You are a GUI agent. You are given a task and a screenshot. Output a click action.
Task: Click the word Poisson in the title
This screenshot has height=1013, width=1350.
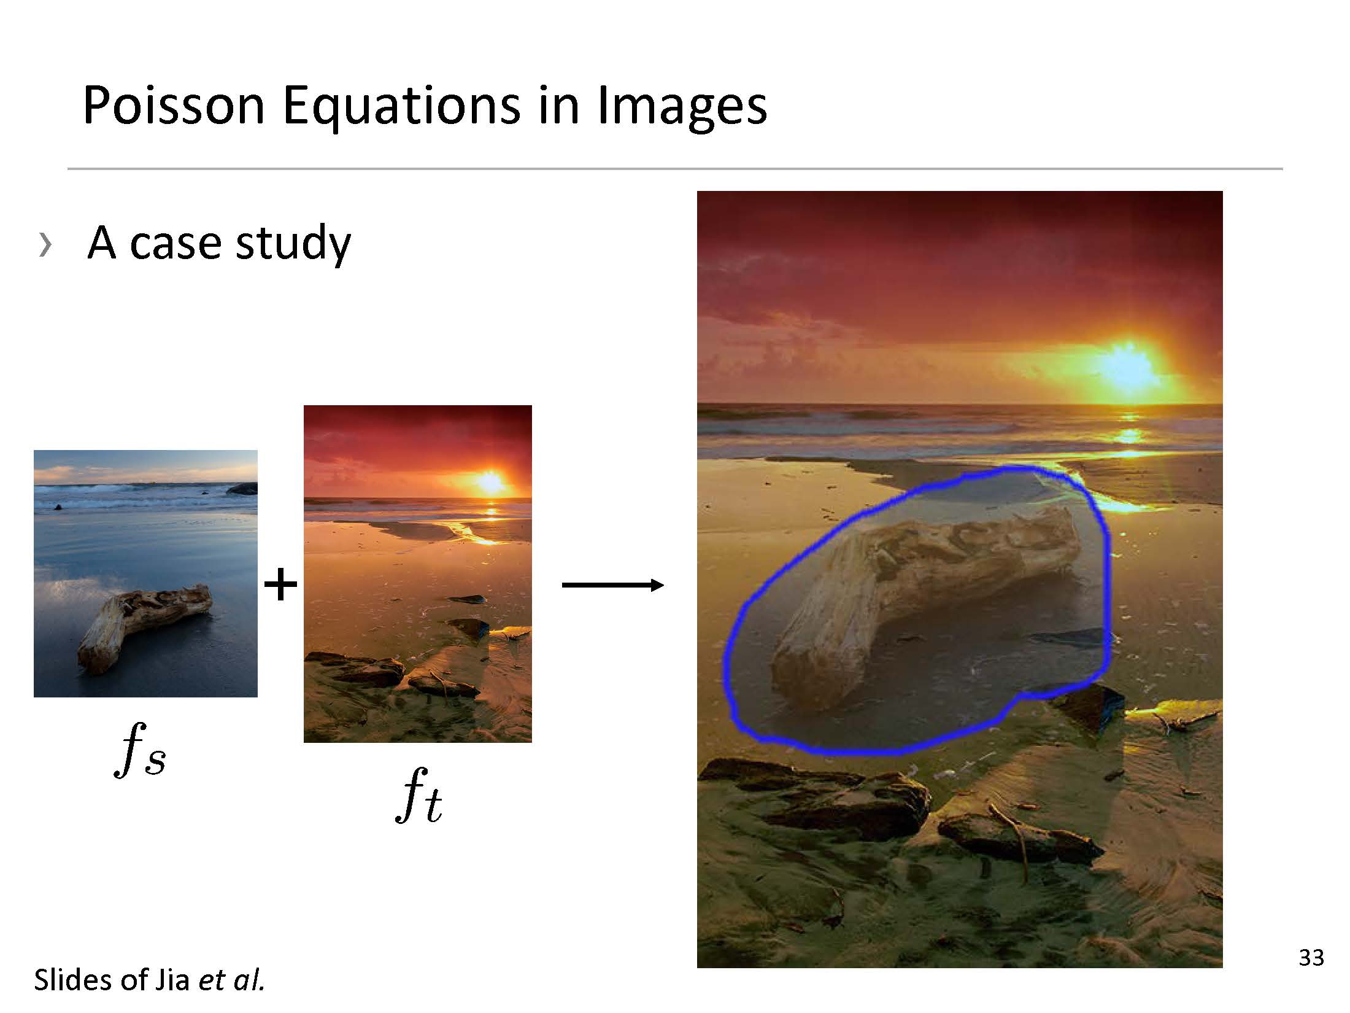pos(174,106)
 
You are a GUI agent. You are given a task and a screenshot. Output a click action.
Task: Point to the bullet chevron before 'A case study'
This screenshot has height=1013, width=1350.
pos(45,244)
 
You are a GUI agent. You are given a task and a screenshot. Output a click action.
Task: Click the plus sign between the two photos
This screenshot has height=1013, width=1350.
pos(280,584)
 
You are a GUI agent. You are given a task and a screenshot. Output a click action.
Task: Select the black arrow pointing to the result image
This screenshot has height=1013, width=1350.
pos(612,585)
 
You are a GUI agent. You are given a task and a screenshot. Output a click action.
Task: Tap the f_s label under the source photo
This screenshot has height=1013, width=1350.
pos(140,750)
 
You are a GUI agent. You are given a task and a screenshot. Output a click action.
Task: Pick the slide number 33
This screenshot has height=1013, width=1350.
pos(1311,958)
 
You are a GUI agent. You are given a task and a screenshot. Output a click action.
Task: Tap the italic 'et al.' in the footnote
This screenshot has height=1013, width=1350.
pos(231,980)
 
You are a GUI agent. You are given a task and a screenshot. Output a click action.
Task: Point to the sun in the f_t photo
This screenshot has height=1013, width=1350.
pos(490,483)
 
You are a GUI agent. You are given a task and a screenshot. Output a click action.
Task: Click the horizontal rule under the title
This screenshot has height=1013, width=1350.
pos(675,168)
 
